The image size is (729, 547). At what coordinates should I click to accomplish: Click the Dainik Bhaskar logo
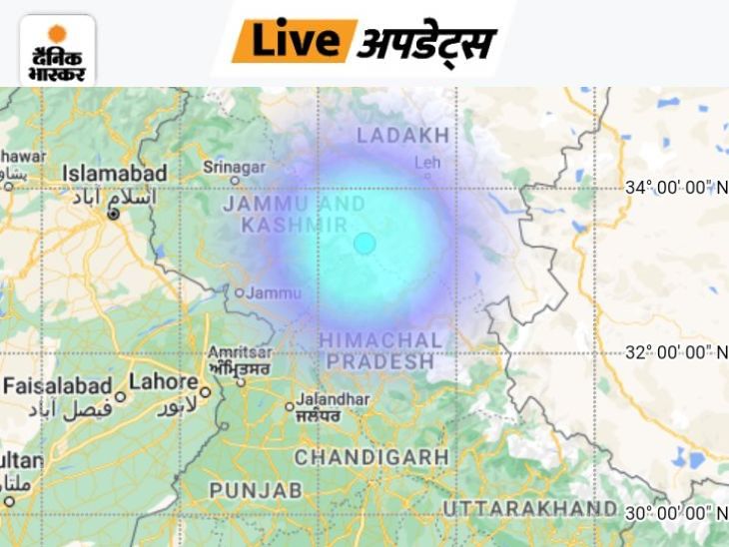pyautogui.click(x=57, y=50)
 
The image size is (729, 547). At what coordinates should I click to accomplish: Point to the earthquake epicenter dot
pyautogui.click(x=364, y=243)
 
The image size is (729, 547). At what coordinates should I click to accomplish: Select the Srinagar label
pyautogui.click(x=234, y=167)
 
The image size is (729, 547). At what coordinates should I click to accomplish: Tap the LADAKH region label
pyautogui.click(x=403, y=135)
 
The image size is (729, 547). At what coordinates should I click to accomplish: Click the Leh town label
pyautogui.click(x=427, y=161)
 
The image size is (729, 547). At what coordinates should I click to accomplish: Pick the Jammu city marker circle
pyautogui.click(x=240, y=292)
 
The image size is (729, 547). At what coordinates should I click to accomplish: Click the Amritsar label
pyautogui.click(x=240, y=352)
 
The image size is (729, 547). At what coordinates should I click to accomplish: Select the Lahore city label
pyautogui.click(x=163, y=381)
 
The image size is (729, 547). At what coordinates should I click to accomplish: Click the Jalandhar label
pyautogui.click(x=334, y=398)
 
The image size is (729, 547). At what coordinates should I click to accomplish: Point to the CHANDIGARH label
pyautogui.click(x=371, y=457)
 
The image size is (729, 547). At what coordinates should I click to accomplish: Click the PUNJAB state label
pyautogui.click(x=255, y=490)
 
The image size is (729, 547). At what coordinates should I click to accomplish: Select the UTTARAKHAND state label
pyautogui.click(x=529, y=509)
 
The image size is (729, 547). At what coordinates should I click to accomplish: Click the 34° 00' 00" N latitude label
pyautogui.click(x=676, y=188)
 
